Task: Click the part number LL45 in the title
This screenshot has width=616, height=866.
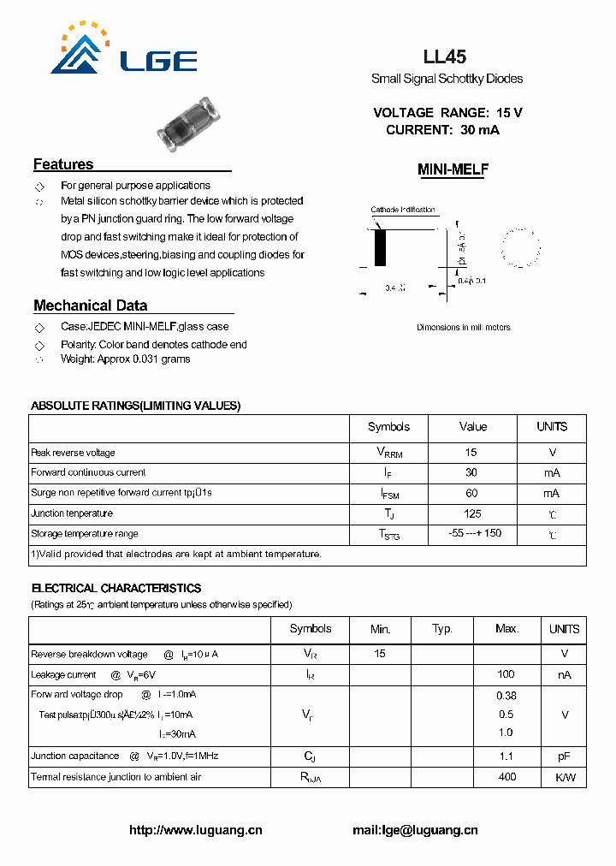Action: pyautogui.click(x=445, y=57)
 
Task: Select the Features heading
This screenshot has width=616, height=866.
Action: pyautogui.click(x=63, y=164)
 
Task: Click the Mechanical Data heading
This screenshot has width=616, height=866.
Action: pyautogui.click(x=90, y=305)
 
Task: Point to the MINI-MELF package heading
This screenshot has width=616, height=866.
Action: pyautogui.click(x=453, y=170)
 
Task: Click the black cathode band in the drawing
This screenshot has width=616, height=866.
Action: pyautogui.click(x=380, y=249)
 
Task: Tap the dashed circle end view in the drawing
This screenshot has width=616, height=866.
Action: pyautogui.click(x=521, y=247)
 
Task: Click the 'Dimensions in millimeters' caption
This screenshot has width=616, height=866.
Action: pyautogui.click(x=463, y=327)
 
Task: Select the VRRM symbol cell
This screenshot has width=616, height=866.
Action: pyautogui.click(x=389, y=453)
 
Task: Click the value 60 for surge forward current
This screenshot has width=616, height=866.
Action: pyautogui.click(x=471, y=493)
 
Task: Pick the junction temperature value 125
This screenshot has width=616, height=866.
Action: pyautogui.click(x=471, y=513)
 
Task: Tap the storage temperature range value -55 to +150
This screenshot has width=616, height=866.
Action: pyautogui.click(x=475, y=533)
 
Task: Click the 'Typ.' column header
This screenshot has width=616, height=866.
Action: pyautogui.click(x=442, y=629)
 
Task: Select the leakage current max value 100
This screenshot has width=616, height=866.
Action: pyautogui.click(x=506, y=674)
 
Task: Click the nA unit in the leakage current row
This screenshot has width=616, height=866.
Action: pyautogui.click(x=564, y=674)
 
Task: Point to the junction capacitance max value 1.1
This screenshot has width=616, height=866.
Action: pyautogui.click(x=506, y=756)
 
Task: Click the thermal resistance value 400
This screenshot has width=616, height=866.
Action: pyautogui.click(x=507, y=777)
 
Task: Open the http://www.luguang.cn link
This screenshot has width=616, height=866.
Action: pyautogui.click(x=195, y=830)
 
